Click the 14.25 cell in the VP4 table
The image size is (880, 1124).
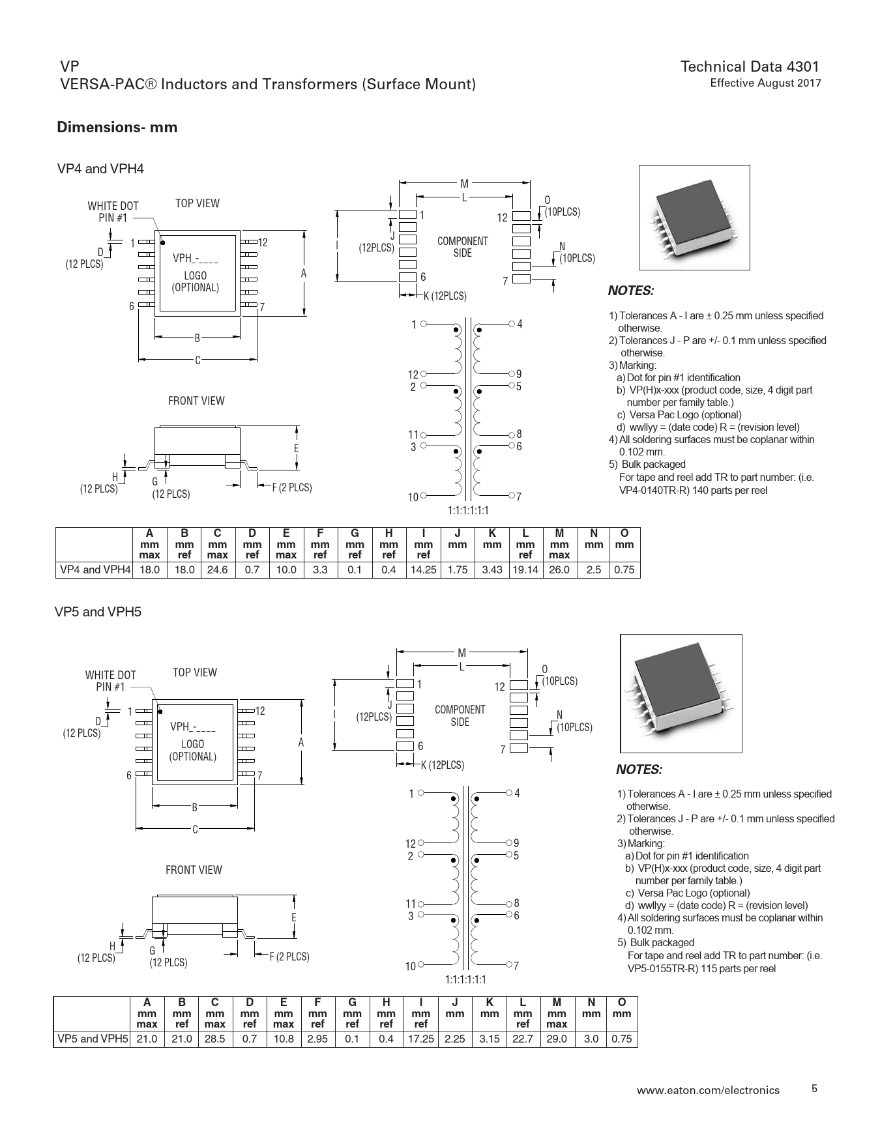point(423,569)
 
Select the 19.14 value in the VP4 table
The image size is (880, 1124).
point(524,569)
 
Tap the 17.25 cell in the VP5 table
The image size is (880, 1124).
point(420,1039)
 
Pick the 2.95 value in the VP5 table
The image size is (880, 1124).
point(317,1039)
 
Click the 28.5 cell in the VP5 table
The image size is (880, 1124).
point(214,1039)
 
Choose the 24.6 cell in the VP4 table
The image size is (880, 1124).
point(217,569)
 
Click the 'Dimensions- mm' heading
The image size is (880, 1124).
point(117,127)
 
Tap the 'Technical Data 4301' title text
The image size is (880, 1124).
point(750,66)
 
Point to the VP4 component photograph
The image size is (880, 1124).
point(694,217)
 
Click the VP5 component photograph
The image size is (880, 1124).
point(681,692)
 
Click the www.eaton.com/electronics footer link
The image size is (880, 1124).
point(708,1089)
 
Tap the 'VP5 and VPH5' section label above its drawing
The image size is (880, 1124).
point(98,612)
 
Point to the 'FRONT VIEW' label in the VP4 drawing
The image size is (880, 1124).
point(196,401)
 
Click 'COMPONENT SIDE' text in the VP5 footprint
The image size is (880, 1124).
point(460,715)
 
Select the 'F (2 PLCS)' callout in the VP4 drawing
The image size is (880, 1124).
point(291,487)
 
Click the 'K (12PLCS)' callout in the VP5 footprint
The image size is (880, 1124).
point(442,765)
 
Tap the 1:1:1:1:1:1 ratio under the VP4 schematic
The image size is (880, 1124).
point(468,510)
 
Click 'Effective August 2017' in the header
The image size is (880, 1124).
point(765,83)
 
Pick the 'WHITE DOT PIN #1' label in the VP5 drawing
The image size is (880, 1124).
point(110,680)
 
